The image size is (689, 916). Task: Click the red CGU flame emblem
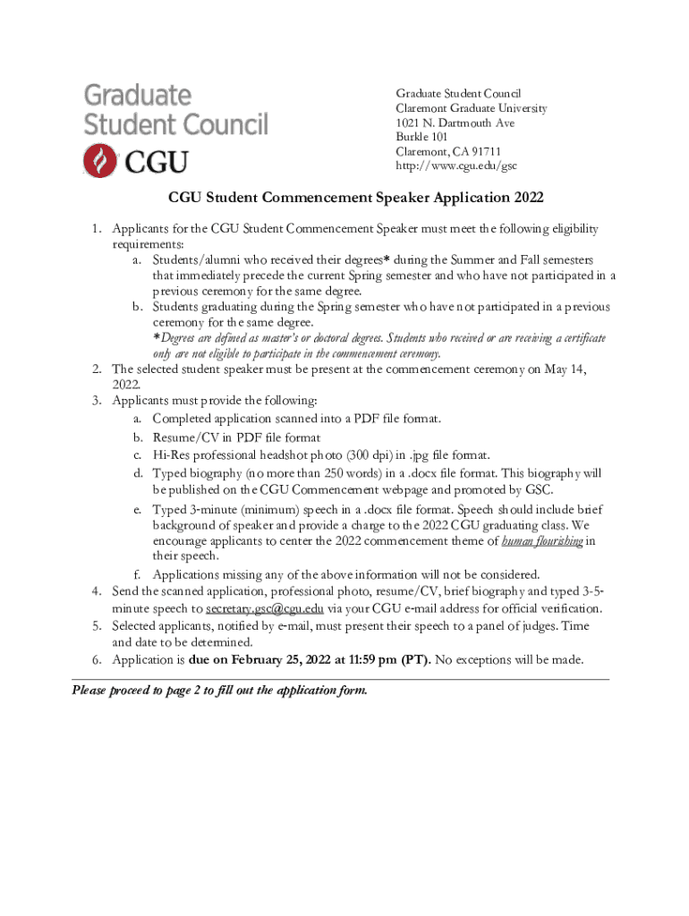pyautogui.click(x=100, y=160)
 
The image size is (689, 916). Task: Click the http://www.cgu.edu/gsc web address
pyautogui.click(x=456, y=165)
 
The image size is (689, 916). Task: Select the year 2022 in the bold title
pyautogui.click(x=524, y=197)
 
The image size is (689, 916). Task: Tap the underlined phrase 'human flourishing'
pyautogui.click(x=542, y=541)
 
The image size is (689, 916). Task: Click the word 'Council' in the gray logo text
pyautogui.click(x=220, y=122)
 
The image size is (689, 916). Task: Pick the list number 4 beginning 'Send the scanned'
pyautogui.click(x=96, y=591)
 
